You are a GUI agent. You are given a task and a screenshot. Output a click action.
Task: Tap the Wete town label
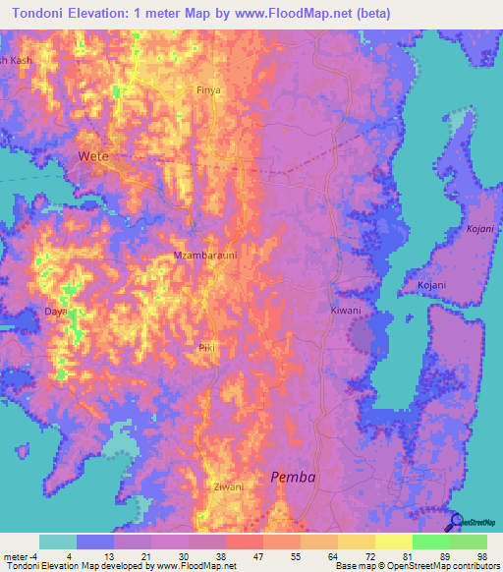tap(93, 156)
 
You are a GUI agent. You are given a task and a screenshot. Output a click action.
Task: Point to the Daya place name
tap(55, 312)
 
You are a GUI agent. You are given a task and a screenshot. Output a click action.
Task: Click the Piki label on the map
tap(206, 348)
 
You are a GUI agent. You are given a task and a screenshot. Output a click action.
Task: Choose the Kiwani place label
tap(345, 311)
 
